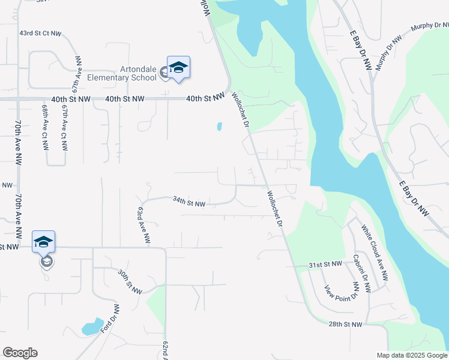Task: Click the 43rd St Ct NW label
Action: click(40, 34)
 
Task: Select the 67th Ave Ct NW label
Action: click(64, 129)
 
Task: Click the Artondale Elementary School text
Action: click(122, 73)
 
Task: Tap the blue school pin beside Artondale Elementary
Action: click(178, 67)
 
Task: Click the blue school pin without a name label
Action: click(44, 242)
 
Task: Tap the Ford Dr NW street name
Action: click(109, 319)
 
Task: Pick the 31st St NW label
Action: click(325, 264)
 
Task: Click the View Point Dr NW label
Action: click(340, 292)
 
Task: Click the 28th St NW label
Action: click(345, 324)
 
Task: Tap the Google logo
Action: click(20, 353)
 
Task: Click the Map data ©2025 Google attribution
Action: click(412, 355)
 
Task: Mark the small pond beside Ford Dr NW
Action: click(92, 326)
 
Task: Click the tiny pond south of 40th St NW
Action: click(219, 127)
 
